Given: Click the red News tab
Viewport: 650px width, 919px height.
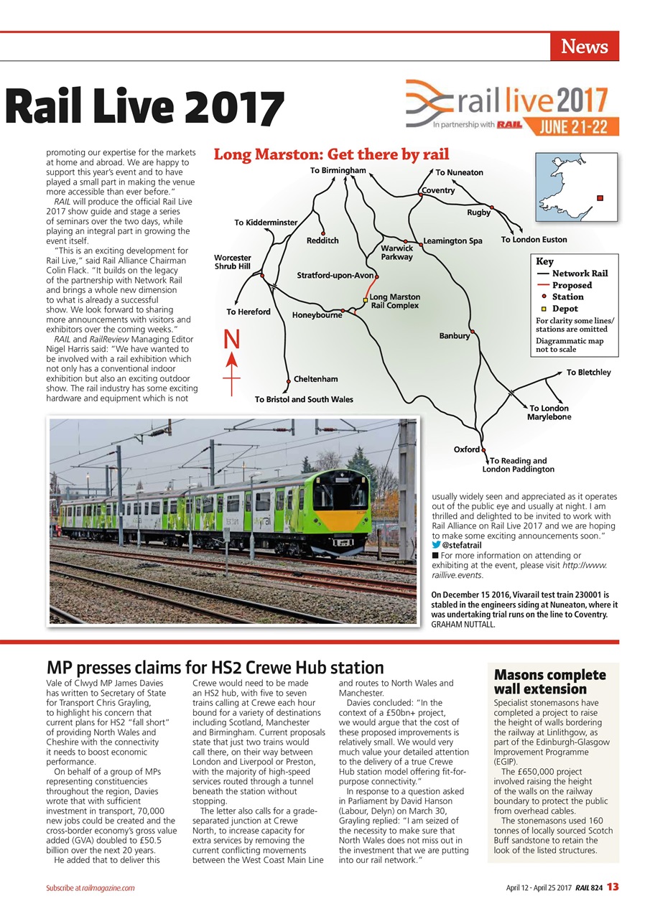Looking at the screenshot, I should [584, 47].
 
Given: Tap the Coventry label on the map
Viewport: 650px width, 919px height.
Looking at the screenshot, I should [438, 190].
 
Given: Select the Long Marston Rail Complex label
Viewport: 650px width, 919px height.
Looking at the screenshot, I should [395, 301].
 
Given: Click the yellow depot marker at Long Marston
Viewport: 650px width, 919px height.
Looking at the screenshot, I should [366, 300].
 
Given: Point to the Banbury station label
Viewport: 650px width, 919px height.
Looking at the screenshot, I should [454, 335].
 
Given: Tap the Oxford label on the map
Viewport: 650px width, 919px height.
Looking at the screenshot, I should [466, 449].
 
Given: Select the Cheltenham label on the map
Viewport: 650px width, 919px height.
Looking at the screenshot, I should [315, 379].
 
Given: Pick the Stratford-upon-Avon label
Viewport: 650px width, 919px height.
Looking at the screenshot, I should [335, 275].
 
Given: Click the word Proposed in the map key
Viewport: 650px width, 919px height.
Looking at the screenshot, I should [572, 285].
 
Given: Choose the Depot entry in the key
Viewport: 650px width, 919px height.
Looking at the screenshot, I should [565, 309].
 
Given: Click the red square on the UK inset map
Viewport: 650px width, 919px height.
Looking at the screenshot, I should [600, 198].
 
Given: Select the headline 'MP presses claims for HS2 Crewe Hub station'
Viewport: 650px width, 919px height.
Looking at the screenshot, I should [215, 668].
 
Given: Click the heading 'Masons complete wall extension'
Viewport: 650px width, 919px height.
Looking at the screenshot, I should [549, 682].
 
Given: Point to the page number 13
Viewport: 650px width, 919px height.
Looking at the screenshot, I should [612, 887].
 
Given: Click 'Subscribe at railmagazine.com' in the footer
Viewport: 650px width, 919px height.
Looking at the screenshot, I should [87, 888].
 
